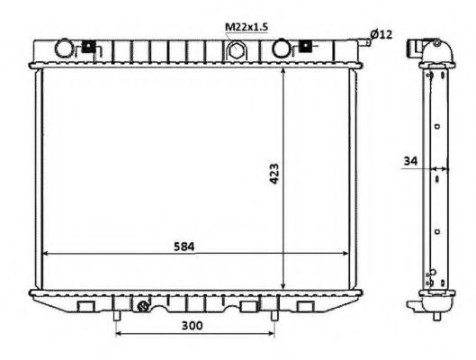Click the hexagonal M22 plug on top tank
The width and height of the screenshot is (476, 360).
coord(237,50)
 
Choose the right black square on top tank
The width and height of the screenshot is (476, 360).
coord(305,45)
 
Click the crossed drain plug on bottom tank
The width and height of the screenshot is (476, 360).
coord(143,308)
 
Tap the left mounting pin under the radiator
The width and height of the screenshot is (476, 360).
coord(118,316)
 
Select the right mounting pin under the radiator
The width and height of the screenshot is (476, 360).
coord(274,316)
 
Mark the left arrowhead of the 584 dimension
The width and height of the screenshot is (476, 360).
coord(48,255)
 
